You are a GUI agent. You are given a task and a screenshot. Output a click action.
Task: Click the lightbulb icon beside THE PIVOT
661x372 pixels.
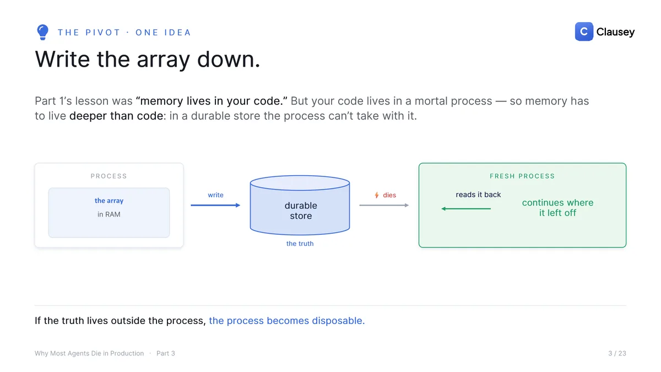click(x=42, y=32)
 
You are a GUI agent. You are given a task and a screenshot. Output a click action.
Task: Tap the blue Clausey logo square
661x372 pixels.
click(x=584, y=31)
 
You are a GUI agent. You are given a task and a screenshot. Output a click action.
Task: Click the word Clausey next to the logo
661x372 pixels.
click(x=615, y=32)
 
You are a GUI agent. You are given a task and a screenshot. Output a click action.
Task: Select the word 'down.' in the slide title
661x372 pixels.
click(x=229, y=60)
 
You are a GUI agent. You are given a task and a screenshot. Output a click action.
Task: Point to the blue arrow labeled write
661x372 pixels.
click(x=215, y=205)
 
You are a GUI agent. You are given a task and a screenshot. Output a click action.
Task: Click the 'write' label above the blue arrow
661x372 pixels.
click(x=215, y=195)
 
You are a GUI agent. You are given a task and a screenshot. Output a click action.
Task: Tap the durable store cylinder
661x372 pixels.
click(x=300, y=206)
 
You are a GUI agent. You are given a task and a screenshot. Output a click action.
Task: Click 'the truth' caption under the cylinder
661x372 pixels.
click(x=300, y=244)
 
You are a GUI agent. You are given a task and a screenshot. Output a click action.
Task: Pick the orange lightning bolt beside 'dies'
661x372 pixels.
click(x=377, y=195)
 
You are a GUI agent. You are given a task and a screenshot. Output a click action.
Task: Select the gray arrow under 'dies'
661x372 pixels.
click(x=384, y=205)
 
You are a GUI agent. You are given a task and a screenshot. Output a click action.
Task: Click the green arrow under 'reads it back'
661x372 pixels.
click(x=466, y=209)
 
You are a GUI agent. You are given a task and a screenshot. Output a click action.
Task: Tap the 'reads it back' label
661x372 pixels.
click(x=478, y=195)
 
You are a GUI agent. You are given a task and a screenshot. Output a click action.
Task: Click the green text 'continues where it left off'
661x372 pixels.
click(x=557, y=208)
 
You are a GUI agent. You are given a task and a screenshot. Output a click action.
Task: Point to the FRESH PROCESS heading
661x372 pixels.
click(x=522, y=176)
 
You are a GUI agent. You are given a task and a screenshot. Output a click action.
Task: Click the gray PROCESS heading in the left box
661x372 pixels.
click(x=109, y=176)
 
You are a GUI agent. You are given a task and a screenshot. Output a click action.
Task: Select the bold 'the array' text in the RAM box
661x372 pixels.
click(x=109, y=201)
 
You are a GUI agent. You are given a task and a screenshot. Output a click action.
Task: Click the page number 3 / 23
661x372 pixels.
click(x=617, y=353)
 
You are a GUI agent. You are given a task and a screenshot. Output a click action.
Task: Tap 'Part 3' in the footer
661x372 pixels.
click(x=166, y=353)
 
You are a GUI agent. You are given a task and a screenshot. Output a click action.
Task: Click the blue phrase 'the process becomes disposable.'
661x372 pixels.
click(x=287, y=321)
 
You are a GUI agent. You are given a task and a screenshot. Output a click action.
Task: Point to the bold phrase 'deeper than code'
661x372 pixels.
click(x=116, y=116)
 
